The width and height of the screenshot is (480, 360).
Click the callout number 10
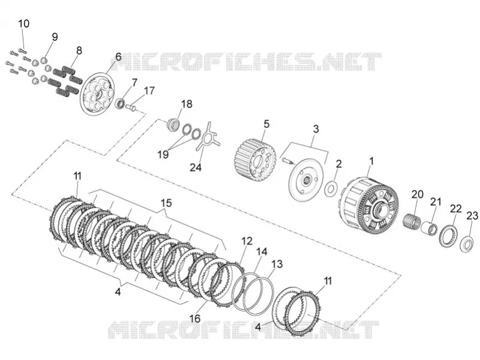[x=24, y=23]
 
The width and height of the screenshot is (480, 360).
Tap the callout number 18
[x=187, y=104]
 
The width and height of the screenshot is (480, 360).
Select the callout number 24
[x=196, y=167]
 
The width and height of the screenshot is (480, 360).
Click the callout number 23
[x=472, y=216]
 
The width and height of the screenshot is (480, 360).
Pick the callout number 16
[x=195, y=319]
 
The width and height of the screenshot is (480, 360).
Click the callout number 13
[x=277, y=264]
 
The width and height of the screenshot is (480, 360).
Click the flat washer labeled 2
[x=331, y=189]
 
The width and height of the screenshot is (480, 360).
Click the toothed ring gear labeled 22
[x=448, y=237]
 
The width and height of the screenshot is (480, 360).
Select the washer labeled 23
[x=467, y=244]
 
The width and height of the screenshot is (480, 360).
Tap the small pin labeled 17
[x=131, y=107]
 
